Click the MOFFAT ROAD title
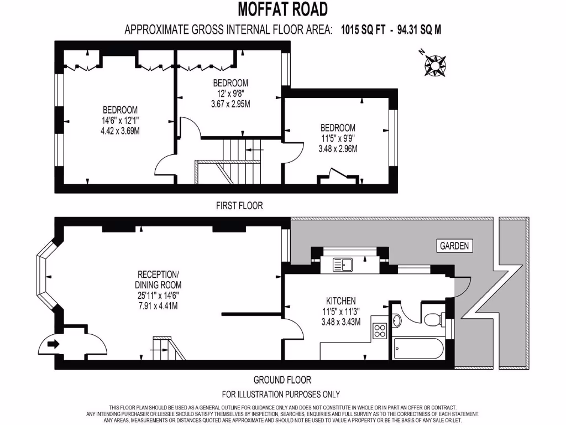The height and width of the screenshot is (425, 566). click(282, 9)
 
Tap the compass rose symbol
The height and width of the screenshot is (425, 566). click(435, 65)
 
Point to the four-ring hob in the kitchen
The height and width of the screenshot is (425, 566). click(380, 331)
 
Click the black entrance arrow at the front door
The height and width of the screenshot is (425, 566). click(53, 344)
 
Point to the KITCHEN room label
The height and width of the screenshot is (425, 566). click(340, 300)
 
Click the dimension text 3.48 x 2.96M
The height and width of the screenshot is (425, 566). click(338, 148)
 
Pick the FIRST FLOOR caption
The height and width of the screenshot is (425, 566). click(239, 205)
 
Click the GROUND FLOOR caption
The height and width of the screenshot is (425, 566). click(282, 380)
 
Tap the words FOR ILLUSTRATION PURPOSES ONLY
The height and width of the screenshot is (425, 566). click(281, 394)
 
